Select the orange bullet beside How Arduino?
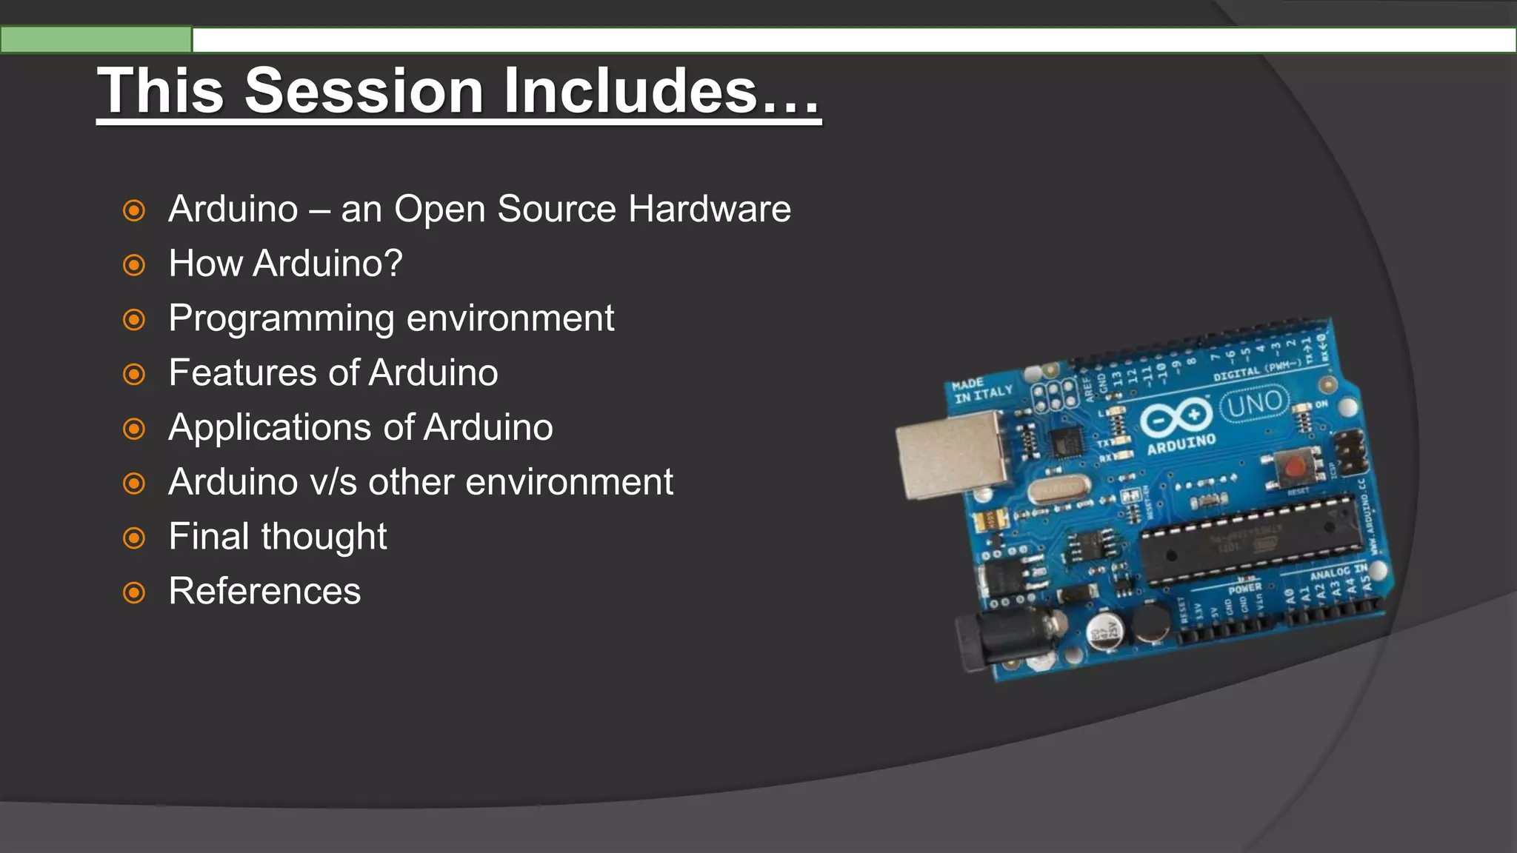tap(134, 264)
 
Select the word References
tap(264, 591)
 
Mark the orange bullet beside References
tap(134, 592)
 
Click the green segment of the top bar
tap(96, 40)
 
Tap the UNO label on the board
tap(1255, 404)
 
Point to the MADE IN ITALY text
tap(979, 390)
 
